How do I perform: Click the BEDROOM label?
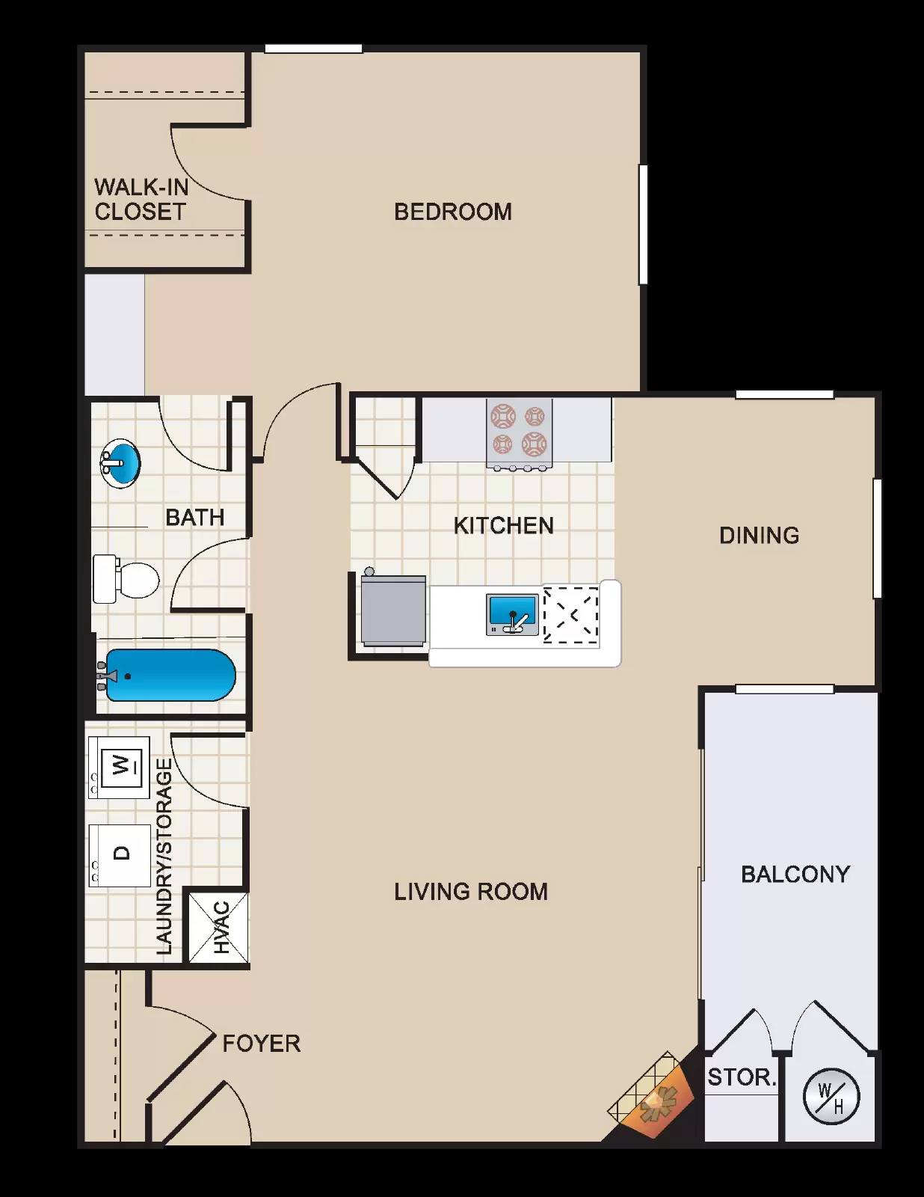click(453, 212)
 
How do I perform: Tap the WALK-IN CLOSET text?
click(141, 199)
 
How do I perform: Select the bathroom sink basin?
click(120, 464)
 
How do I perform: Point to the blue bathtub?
click(170, 676)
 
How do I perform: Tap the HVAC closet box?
click(218, 928)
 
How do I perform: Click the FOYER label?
click(261, 1044)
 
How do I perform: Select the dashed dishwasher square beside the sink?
click(571, 615)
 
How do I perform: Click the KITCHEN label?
click(504, 526)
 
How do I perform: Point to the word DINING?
click(759, 536)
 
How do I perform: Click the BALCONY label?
click(795, 875)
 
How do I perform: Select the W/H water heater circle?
click(831, 1097)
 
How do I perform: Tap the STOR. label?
click(742, 1077)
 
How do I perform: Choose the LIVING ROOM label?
click(471, 892)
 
